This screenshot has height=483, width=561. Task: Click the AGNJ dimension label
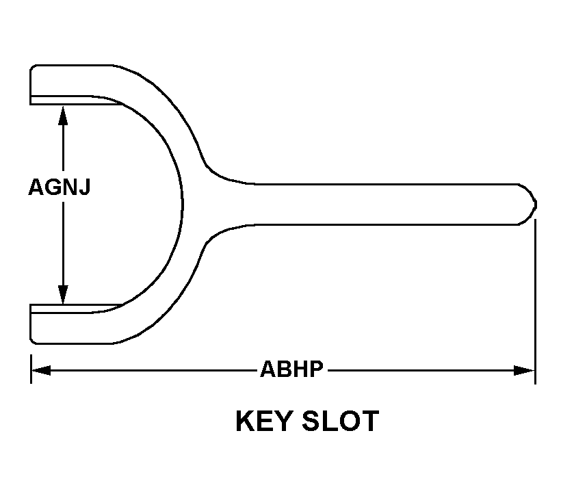[60, 187]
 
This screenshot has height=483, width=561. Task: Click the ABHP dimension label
[291, 369]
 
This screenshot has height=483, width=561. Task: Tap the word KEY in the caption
[263, 421]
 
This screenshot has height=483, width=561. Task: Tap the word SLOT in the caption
[340, 421]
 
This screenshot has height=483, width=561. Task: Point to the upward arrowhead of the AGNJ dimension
[63, 115]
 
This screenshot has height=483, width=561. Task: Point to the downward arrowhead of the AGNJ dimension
[63, 294]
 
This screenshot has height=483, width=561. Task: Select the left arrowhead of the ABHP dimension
[41, 370]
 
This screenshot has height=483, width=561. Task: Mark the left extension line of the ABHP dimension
[31, 369]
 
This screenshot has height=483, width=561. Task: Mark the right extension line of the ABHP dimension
[535, 302]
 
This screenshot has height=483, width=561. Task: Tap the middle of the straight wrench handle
[387, 205]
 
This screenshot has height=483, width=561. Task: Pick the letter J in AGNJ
[84, 187]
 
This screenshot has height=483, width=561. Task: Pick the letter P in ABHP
[316, 369]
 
